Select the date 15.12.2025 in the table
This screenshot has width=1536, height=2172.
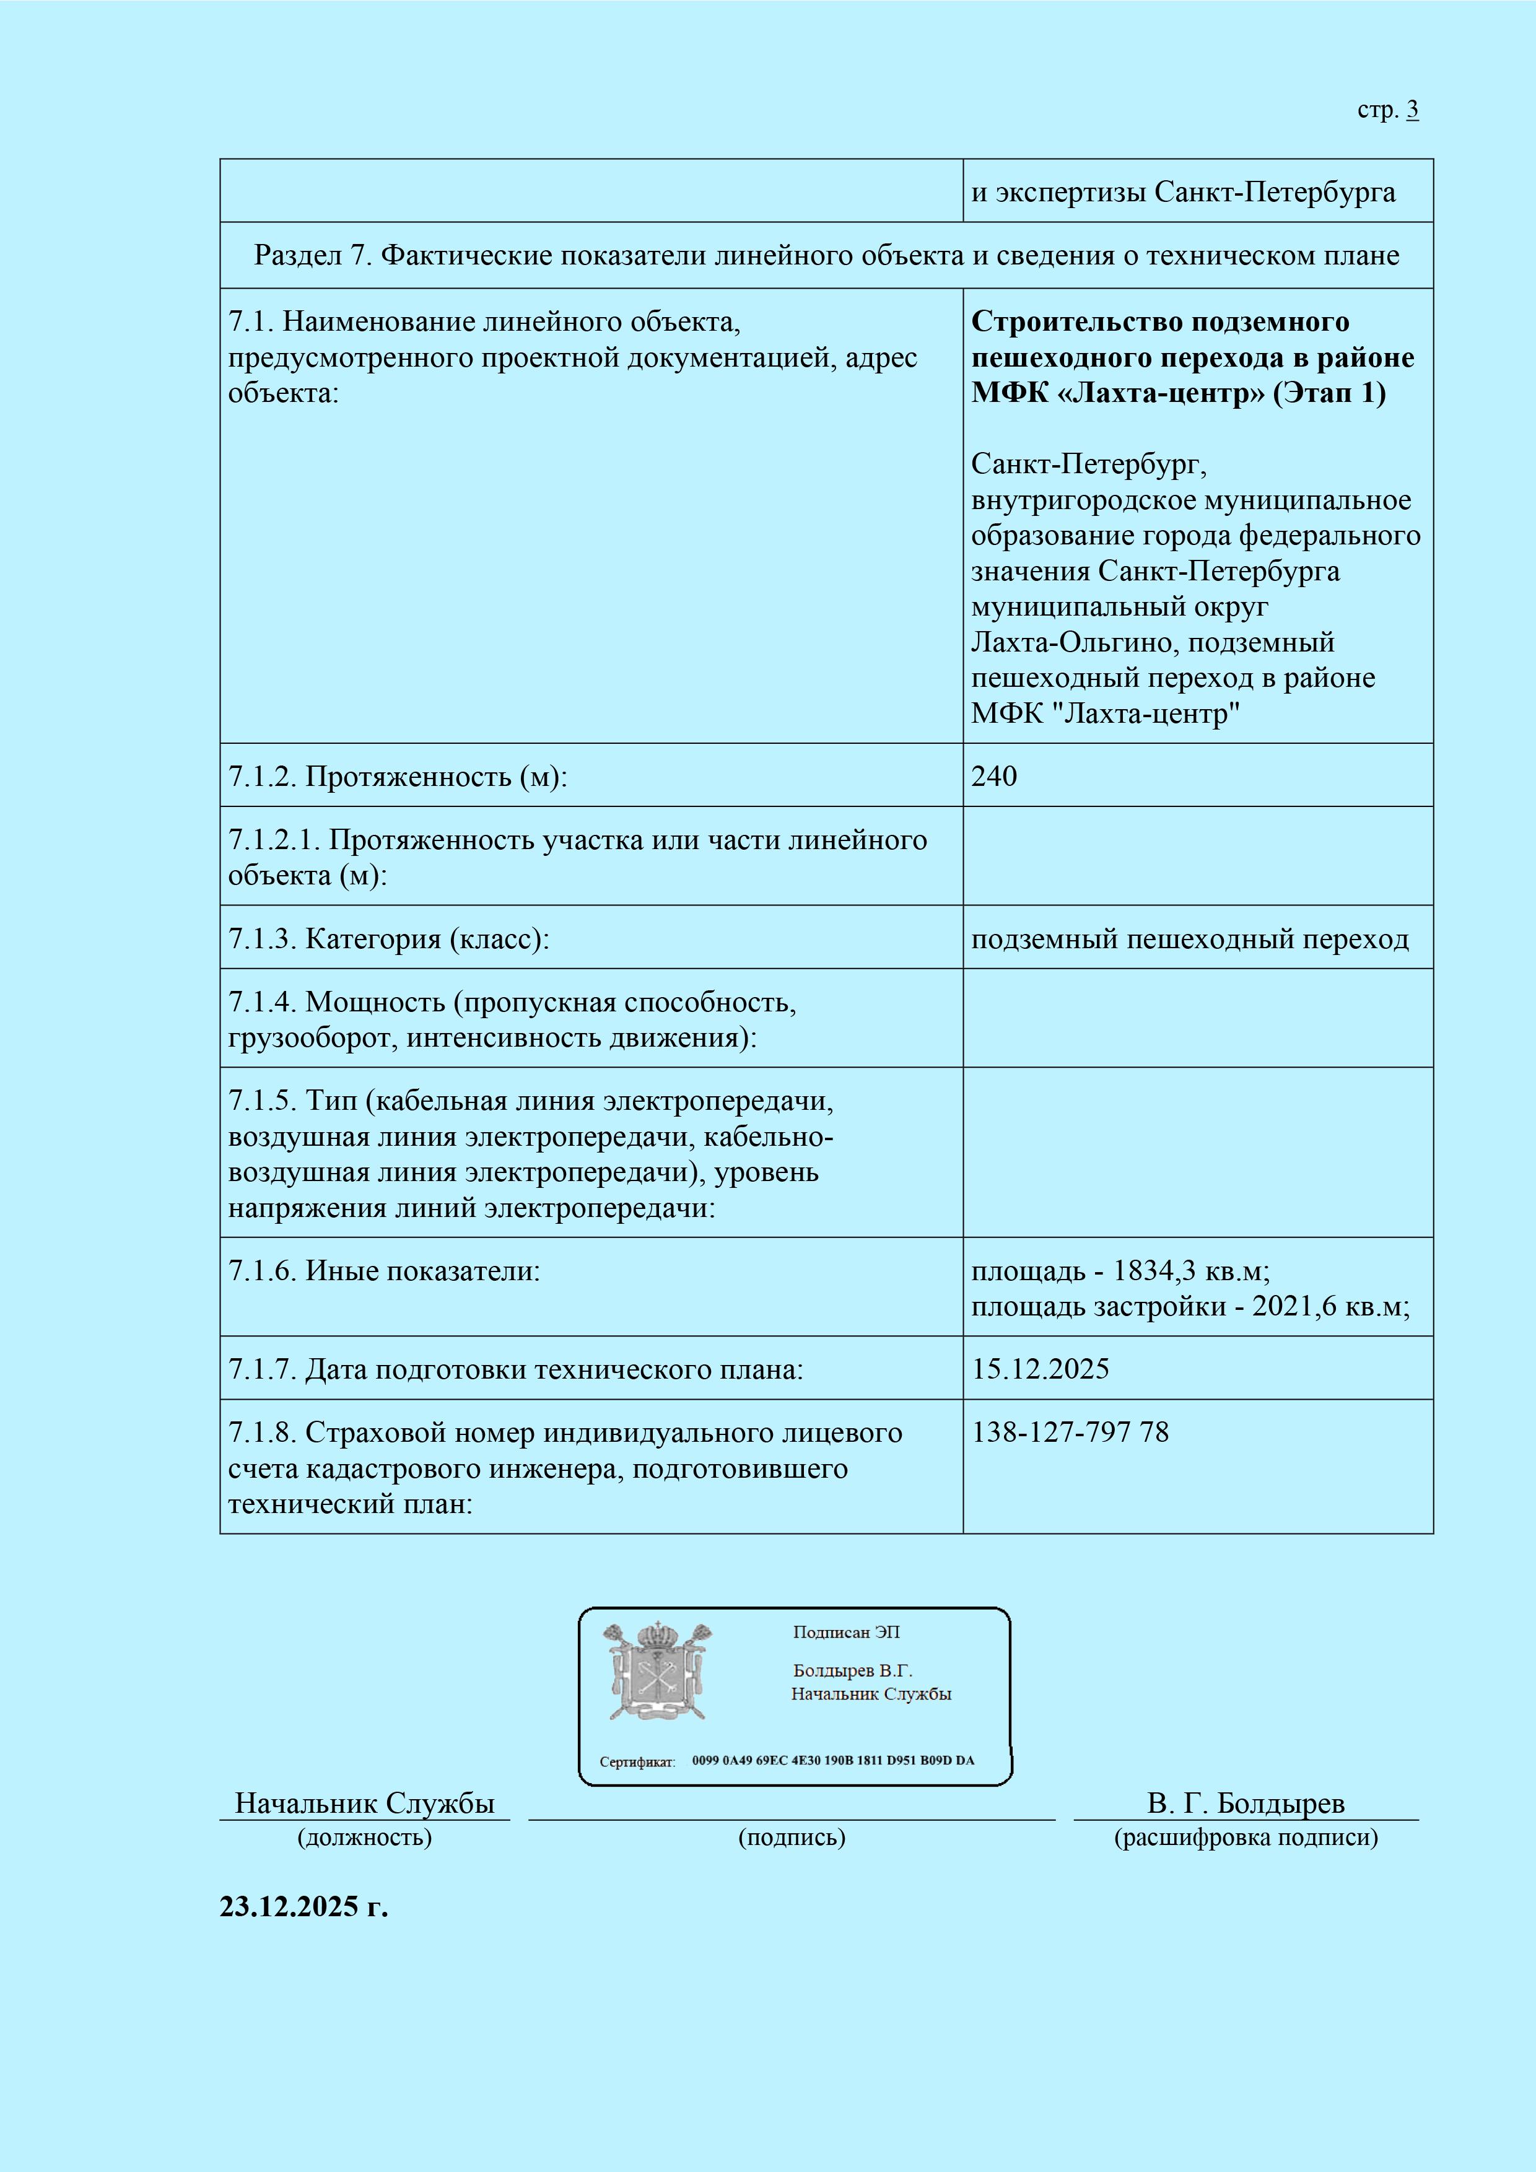[x=1041, y=1369]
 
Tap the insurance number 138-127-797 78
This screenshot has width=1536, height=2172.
[x=1070, y=1433]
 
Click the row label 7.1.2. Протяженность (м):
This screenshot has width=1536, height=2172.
[x=397, y=777]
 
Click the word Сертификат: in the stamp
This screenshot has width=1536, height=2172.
[x=637, y=1761]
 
